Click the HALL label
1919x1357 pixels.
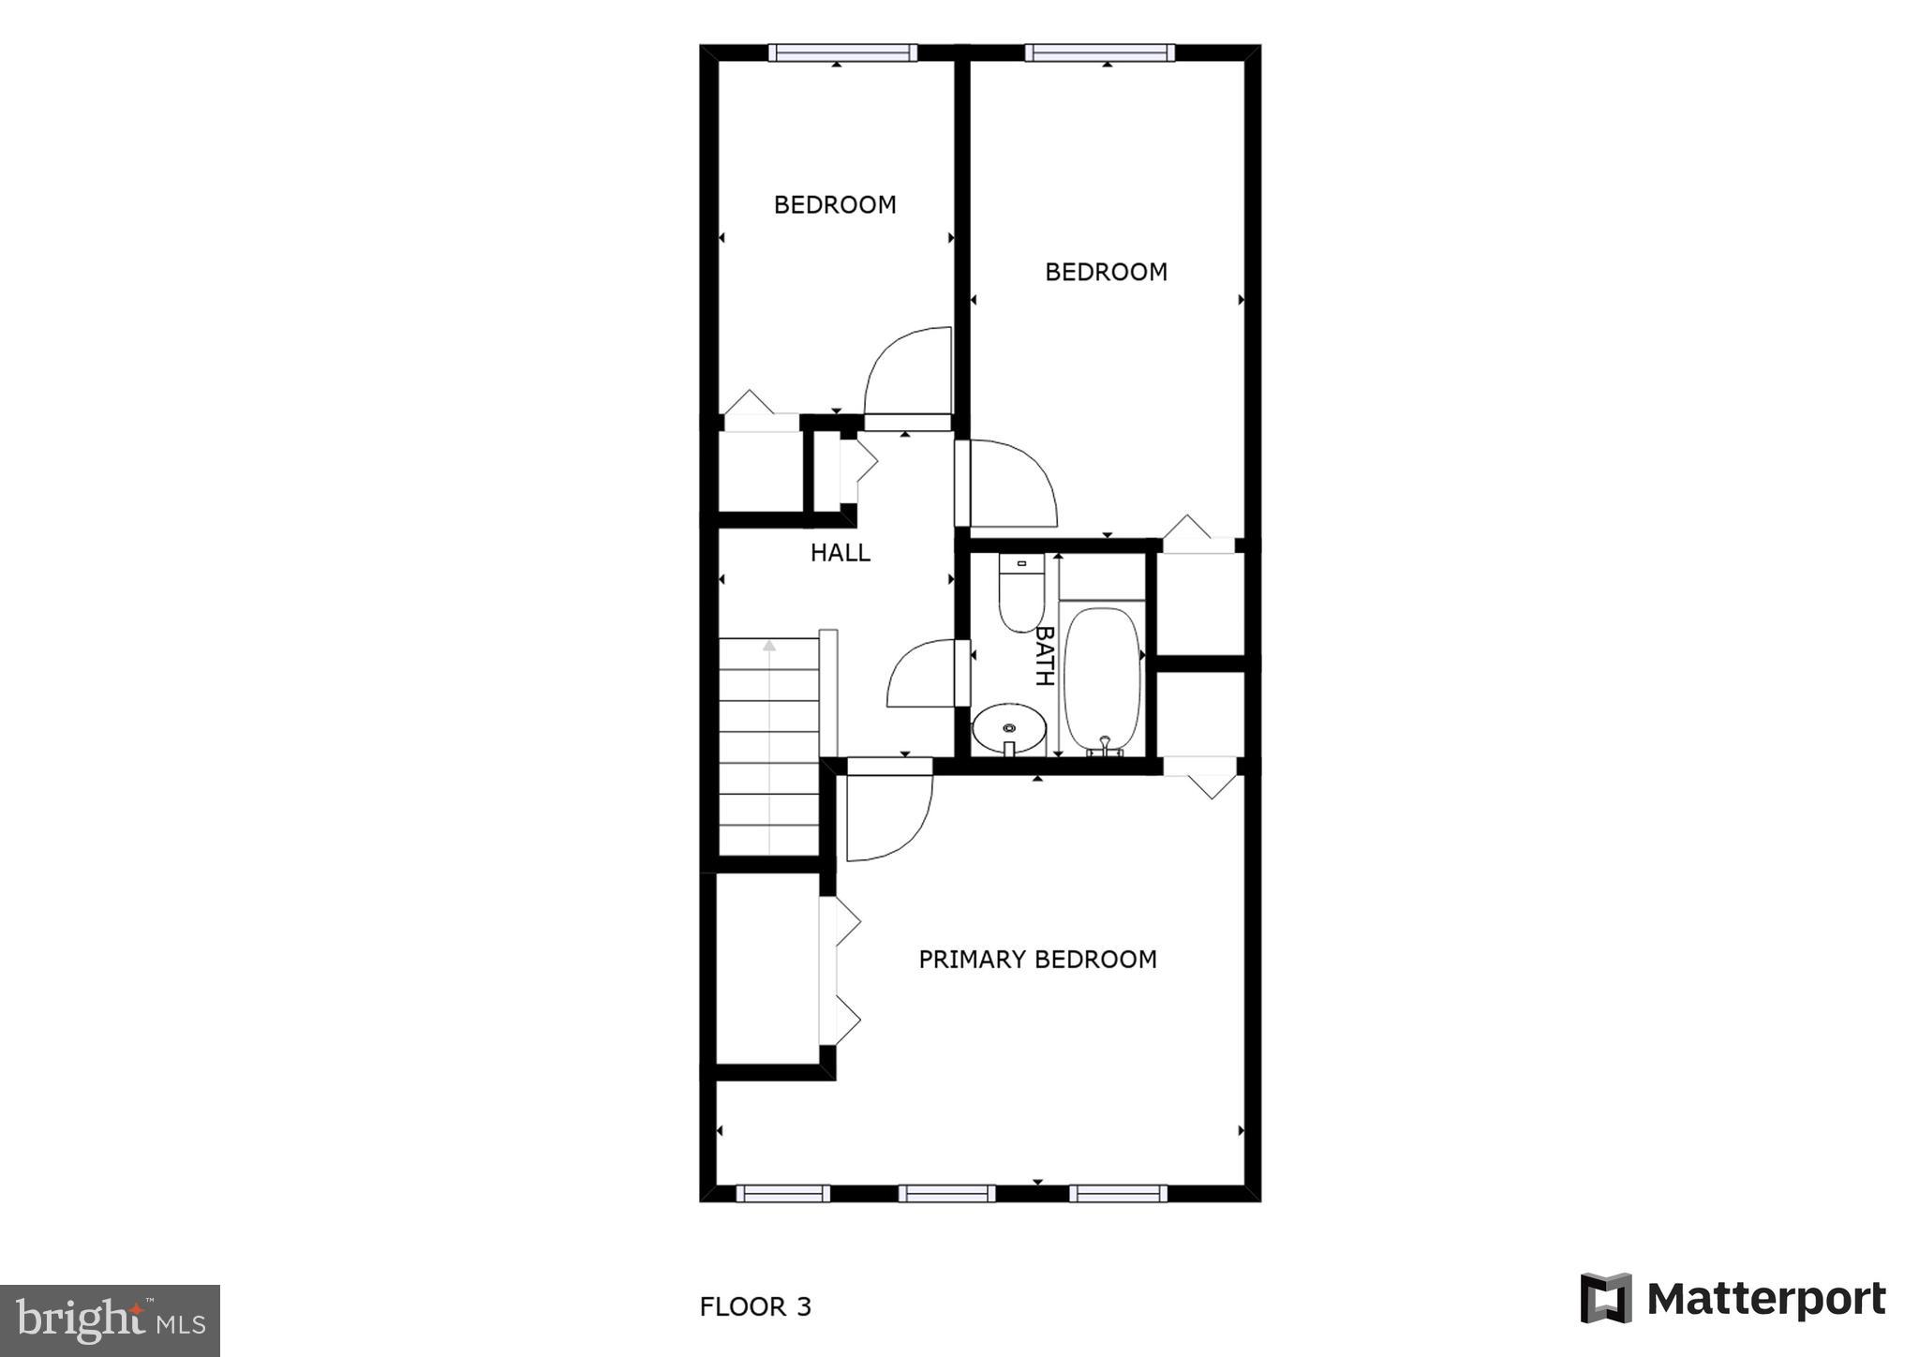point(840,553)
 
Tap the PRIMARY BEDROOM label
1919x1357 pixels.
point(1037,960)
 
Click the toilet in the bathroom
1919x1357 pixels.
point(1020,592)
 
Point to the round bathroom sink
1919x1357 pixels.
point(1009,728)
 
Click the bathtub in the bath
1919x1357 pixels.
point(1103,678)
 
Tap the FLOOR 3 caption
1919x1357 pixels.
point(755,1306)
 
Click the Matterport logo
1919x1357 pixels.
point(1733,1299)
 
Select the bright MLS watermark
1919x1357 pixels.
point(111,1320)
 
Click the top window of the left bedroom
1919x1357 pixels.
point(842,52)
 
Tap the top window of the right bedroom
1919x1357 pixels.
point(1099,52)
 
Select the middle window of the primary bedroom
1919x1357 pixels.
point(947,1193)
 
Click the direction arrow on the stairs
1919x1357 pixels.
point(769,646)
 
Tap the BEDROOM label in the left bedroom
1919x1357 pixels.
point(835,204)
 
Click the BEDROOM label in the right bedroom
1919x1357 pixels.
point(1106,272)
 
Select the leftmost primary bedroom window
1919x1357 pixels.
point(782,1193)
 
